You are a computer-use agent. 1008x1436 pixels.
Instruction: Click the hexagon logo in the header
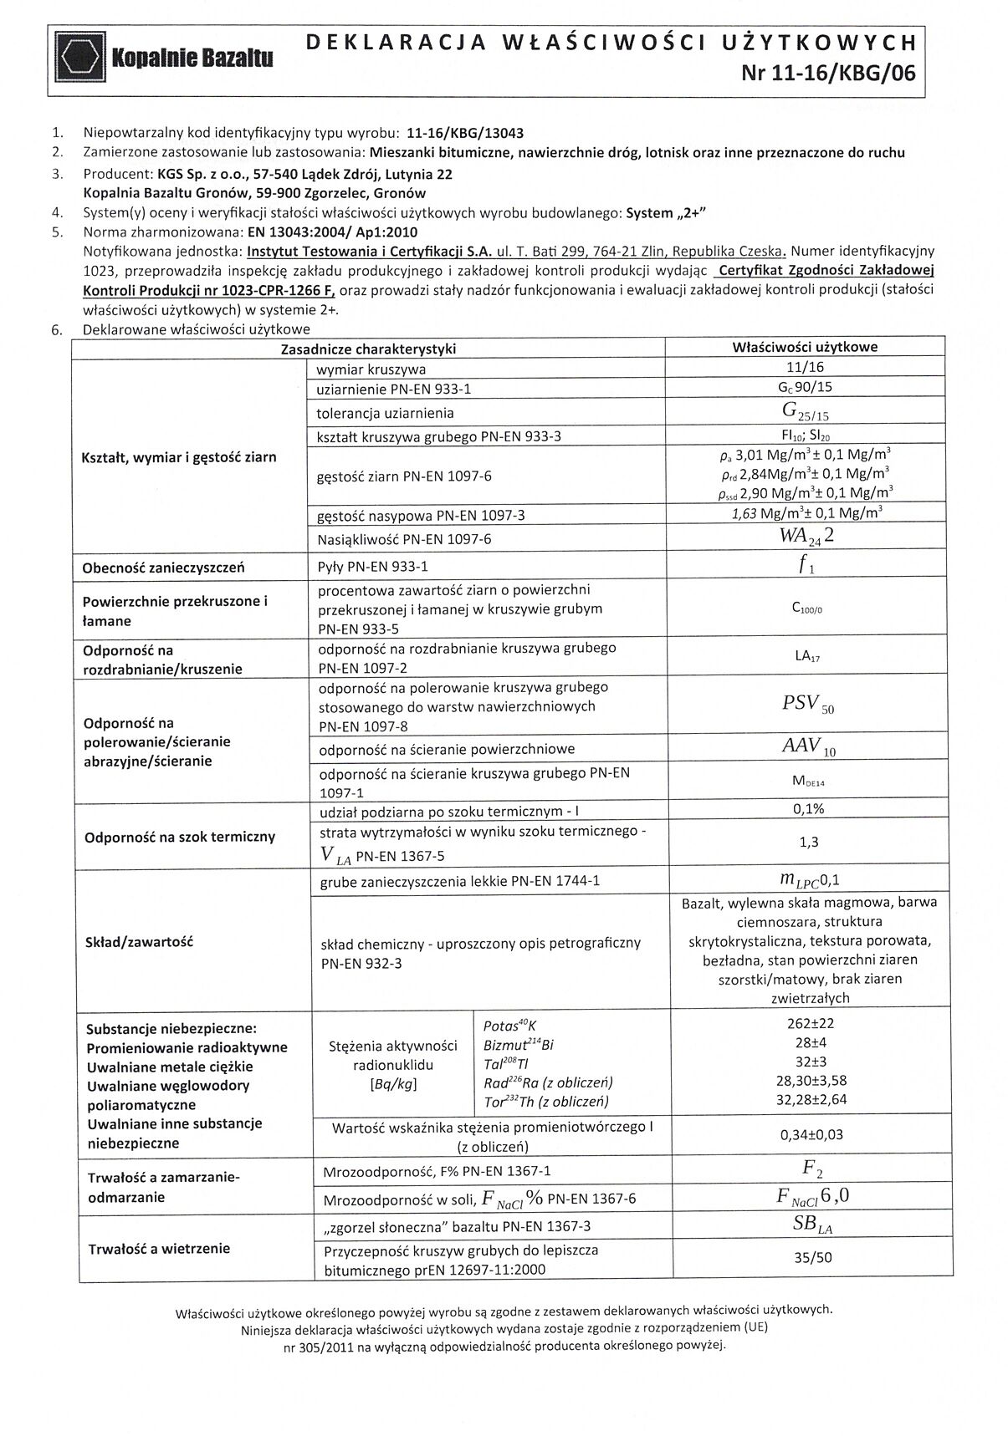click(x=80, y=57)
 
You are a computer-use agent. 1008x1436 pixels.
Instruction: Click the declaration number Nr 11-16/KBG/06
click(x=827, y=74)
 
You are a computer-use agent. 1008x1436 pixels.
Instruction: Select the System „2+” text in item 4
click(x=666, y=212)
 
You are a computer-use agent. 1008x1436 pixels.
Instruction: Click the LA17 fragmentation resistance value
click(x=807, y=657)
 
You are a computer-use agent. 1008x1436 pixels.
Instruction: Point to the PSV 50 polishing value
click(x=807, y=705)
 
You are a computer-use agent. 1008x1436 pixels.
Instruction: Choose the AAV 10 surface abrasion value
click(x=808, y=747)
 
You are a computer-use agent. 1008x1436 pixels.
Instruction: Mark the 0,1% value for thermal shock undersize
click(x=808, y=808)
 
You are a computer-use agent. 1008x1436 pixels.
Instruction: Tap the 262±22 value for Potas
click(x=808, y=1024)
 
